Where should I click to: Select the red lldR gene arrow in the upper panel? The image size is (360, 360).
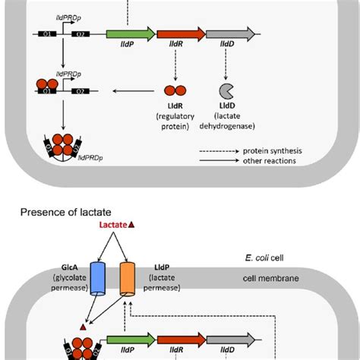pos(180,34)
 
